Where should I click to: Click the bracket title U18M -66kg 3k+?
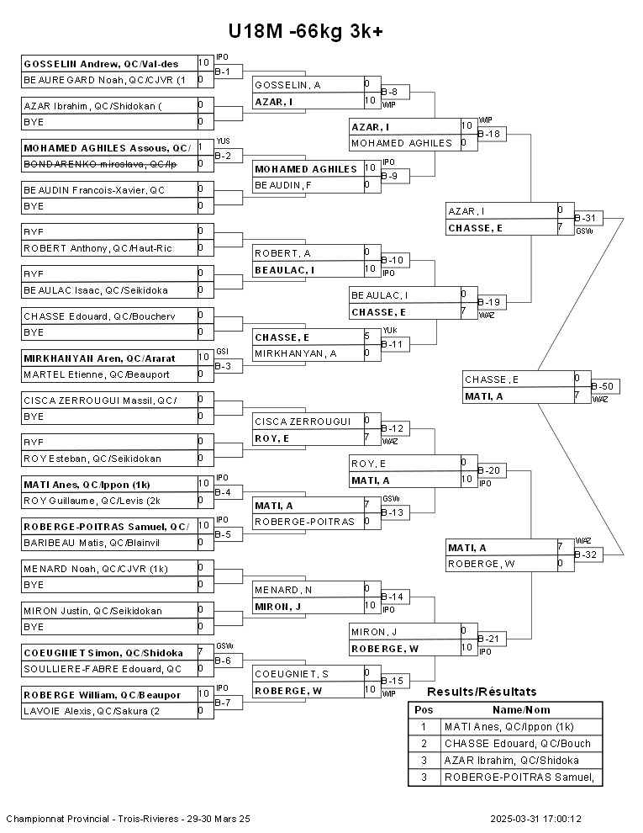tap(306, 31)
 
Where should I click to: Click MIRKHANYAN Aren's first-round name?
tap(99, 358)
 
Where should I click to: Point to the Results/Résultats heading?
tap(482, 692)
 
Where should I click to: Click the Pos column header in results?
tap(424, 710)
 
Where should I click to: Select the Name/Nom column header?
tap(521, 710)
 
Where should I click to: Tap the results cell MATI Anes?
tap(521, 727)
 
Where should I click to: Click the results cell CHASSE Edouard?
tap(521, 744)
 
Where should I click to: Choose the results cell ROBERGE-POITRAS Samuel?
tap(521, 777)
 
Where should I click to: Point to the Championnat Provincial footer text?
tap(128, 818)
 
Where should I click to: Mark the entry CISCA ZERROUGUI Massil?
tap(100, 400)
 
